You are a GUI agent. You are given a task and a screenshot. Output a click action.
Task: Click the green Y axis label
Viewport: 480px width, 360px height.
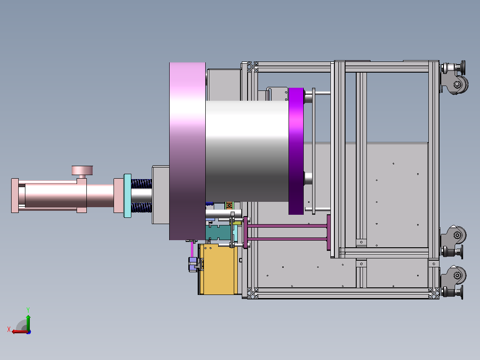click(x=28, y=310)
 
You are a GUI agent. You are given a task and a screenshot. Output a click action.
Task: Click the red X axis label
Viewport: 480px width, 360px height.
click(x=9, y=329)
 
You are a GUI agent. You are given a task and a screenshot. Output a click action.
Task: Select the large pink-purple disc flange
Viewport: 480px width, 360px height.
click(x=187, y=151)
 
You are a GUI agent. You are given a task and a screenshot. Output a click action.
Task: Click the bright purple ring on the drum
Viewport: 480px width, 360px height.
click(x=296, y=151)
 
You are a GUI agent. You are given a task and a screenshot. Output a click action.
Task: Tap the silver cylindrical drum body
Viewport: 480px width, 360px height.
click(x=247, y=151)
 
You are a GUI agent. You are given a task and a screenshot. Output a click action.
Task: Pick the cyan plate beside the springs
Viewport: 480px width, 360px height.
click(x=127, y=196)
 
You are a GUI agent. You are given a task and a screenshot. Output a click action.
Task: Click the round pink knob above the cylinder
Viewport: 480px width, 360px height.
click(x=82, y=170)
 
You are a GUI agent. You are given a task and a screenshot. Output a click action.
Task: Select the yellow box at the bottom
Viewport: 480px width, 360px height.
click(x=218, y=269)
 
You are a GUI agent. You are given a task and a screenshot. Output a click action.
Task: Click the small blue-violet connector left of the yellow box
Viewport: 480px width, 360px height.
click(x=193, y=264)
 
